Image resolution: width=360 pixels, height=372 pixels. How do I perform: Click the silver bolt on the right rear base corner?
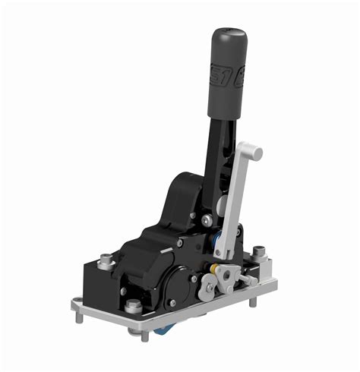[x=259, y=251]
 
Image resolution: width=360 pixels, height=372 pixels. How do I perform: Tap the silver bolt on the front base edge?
[x=134, y=307]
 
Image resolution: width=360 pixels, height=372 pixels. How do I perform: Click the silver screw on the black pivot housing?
[x=206, y=219]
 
